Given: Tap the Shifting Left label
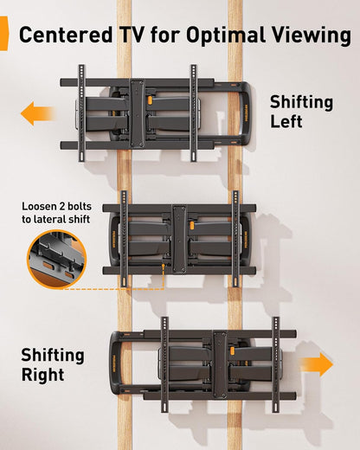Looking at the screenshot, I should [299, 112].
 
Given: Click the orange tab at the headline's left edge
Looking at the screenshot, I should [3, 35].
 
